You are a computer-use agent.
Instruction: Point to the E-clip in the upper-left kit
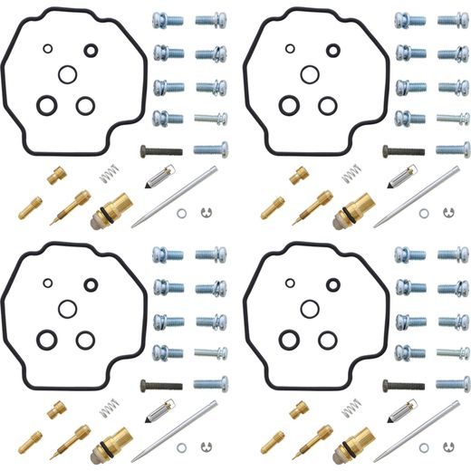pyautogui.click(x=206, y=214)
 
